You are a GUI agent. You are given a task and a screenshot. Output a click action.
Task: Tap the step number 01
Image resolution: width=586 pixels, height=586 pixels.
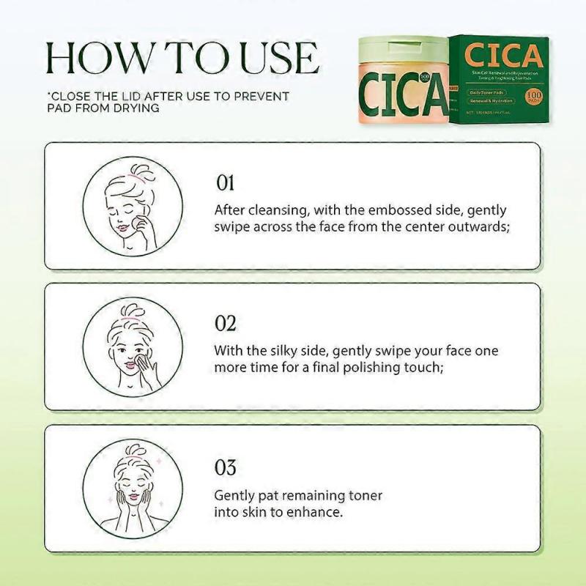coord(224,182)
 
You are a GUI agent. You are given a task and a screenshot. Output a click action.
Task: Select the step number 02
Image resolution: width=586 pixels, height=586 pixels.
coord(225,323)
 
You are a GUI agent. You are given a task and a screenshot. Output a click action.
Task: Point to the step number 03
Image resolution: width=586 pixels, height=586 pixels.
coord(225,465)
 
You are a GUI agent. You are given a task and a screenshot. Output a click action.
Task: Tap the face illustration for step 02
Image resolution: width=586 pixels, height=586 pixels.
coord(122,346)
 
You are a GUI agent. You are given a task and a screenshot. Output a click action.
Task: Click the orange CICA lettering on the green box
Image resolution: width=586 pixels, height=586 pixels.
coord(503,56)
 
